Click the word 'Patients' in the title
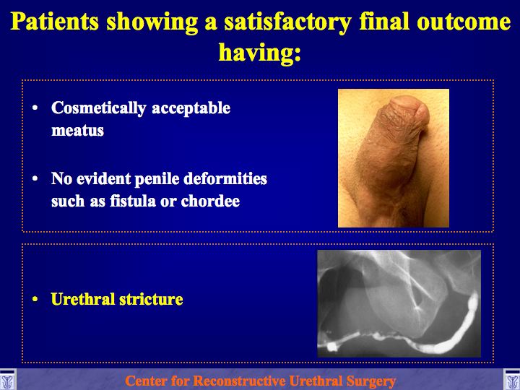[x=55, y=22]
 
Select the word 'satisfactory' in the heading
[x=287, y=22]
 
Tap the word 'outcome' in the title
[x=464, y=22]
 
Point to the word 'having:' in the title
[x=260, y=53]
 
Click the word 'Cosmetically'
[x=99, y=108]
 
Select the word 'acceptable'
[x=191, y=108]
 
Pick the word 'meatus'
[x=77, y=130]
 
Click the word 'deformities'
[x=225, y=178]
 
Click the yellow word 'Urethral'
[x=82, y=299]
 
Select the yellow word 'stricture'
[x=151, y=299]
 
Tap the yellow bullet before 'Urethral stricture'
[x=35, y=299]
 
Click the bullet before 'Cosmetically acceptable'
[x=35, y=108]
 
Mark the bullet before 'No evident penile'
[x=35, y=178]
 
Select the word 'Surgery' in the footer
[x=371, y=381]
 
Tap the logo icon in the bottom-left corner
[x=7, y=380]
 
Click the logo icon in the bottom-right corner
[x=512, y=380]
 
